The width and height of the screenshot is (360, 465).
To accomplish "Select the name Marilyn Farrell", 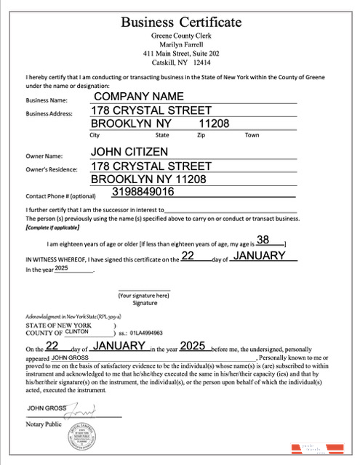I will click(181, 44).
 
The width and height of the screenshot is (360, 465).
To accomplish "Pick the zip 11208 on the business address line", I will click(214, 124).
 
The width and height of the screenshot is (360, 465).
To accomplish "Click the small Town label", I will click(252, 135).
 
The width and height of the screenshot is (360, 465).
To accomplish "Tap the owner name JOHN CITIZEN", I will click(129, 152).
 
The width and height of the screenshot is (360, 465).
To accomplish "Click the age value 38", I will click(263, 240).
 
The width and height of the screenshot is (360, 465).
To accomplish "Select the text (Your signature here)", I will click(144, 296).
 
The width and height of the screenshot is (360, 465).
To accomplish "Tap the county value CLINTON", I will click(77, 331).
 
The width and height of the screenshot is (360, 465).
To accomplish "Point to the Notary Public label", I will click(44, 424).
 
